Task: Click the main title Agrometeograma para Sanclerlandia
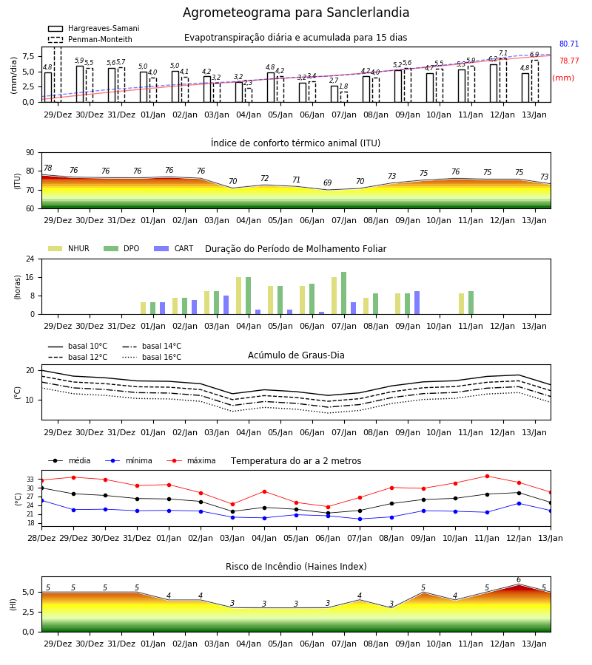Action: tap(296, 13)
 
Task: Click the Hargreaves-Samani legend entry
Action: tap(94, 28)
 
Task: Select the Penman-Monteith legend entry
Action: tap(90, 39)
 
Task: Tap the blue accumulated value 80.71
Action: tap(569, 44)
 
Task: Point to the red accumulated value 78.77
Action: tap(569, 61)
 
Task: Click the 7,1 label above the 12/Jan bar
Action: tap(502, 53)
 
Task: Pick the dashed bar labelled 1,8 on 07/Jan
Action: tap(344, 97)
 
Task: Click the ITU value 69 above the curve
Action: tap(327, 183)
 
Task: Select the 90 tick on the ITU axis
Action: tap(30, 153)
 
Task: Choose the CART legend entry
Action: tap(174, 248)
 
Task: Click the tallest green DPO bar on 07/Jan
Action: tap(343, 293)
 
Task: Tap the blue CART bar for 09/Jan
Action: tap(417, 303)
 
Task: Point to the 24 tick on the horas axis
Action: tap(30, 259)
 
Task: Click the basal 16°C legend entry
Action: tap(152, 357)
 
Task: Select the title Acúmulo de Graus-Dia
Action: tap(296, 355)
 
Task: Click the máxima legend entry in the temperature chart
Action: tap(192, 460)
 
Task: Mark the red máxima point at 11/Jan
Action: tap(487, 477)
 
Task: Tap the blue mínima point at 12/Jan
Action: tap(519, 503)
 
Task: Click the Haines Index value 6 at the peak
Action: tap(519, 580)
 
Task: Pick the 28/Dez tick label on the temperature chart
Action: tap(41, 538)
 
